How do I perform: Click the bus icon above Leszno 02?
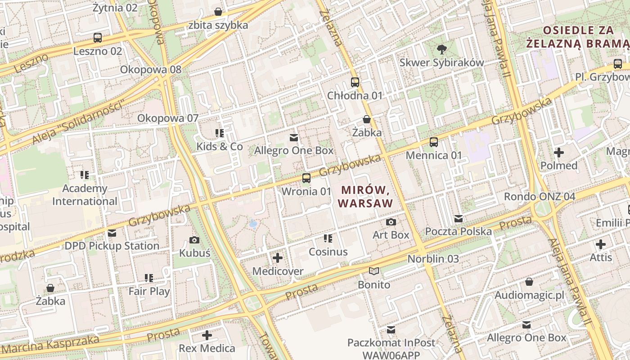tap(98, 38)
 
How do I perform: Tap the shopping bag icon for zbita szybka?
tap(218, 12)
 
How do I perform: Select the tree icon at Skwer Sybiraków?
tap(442, 49)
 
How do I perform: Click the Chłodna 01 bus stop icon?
tap(355, 82)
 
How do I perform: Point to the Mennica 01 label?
tap(434, 155)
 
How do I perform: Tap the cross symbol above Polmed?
tap(559, 153)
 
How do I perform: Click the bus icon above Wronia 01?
tap(306, 178)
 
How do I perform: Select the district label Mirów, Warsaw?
tap(365, 197)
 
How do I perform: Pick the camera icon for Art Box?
tap(391, 222)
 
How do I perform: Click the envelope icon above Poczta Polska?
tap(459, 219)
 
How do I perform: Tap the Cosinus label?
tap(328, 252)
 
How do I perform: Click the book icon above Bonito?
tap(374, 271)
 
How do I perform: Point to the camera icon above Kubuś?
tap(194, 240)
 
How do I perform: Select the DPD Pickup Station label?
tap(112, 246)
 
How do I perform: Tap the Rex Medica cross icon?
tap(207, 335)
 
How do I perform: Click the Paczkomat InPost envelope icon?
tap(391, 330)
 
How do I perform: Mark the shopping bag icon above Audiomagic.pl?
tap(529, 282)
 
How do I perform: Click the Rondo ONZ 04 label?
tap(539, 197)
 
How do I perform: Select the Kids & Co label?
tap(220, 147)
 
